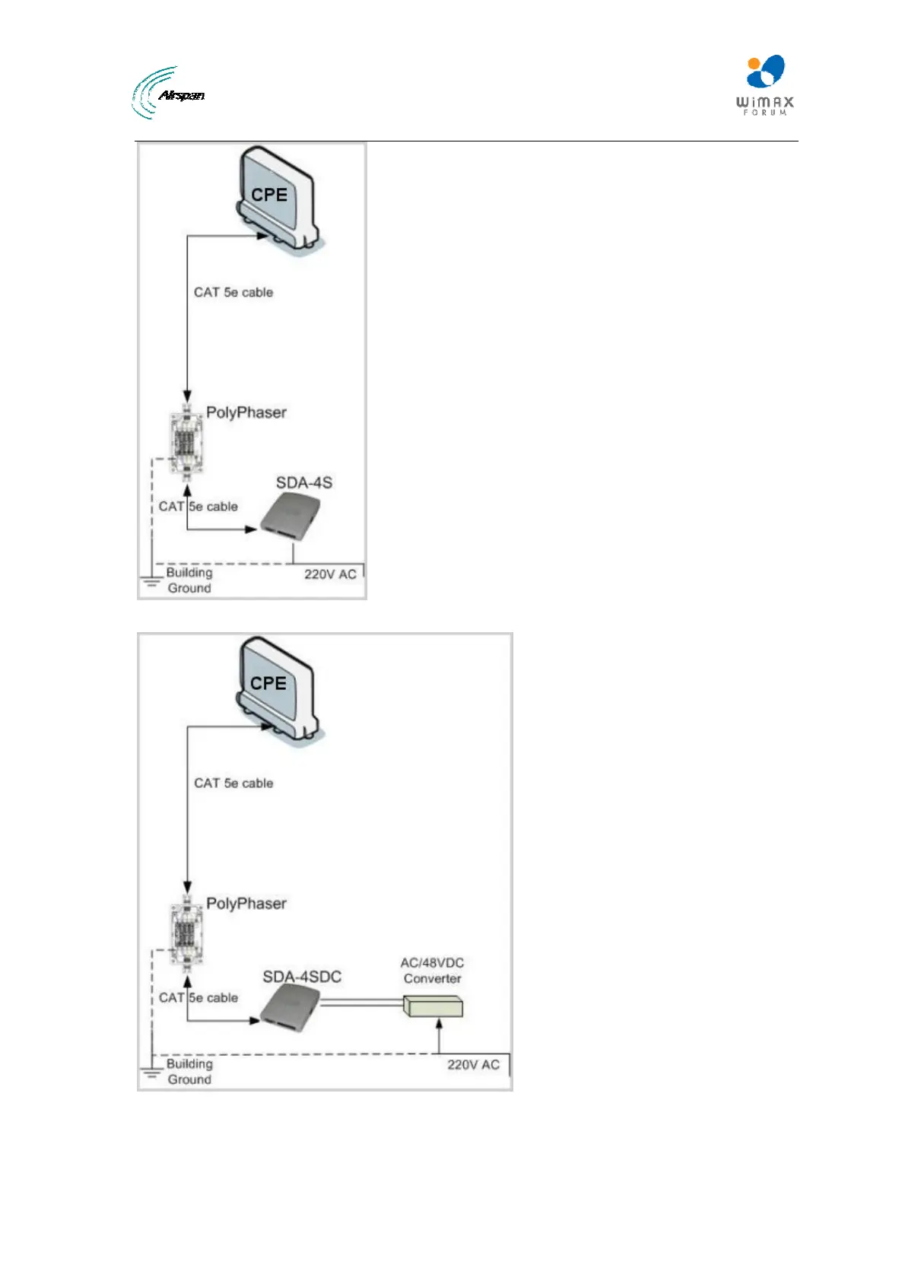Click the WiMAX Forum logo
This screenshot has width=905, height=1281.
pyautogui.click(x=764, y=84)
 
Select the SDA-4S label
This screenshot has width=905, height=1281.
pyautogui.click(x=303, y=482)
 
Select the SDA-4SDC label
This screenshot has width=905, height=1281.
pyautogui.click(x=302, y=977)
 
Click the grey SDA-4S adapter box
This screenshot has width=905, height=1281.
pyautogui.click(x=287, y=517)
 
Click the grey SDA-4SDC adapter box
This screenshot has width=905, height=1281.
pyautogui.click(x=288, y=1008)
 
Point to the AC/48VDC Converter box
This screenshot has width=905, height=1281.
pyautogui.click(x=433, y=1008)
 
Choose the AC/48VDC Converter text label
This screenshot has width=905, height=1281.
pyautogui.click(x=432, y=971)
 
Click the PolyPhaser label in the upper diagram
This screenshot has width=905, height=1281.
pyautogui.click(x=246, y=412)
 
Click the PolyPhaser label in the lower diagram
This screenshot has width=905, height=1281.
pyautogui.click(x=246, y=904)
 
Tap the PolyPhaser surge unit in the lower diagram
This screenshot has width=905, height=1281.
pyautogui.click(x=187, y=933)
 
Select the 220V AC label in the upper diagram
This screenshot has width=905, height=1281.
pyautogui.click(x=330, y=574)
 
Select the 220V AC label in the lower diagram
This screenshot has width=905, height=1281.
pyautogui.click(x=473, y=1065)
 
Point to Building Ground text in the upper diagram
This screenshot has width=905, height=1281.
pyautogui.click(x=189, y=580)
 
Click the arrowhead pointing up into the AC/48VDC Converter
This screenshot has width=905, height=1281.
pyautogui.click(x=439, y=1024)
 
